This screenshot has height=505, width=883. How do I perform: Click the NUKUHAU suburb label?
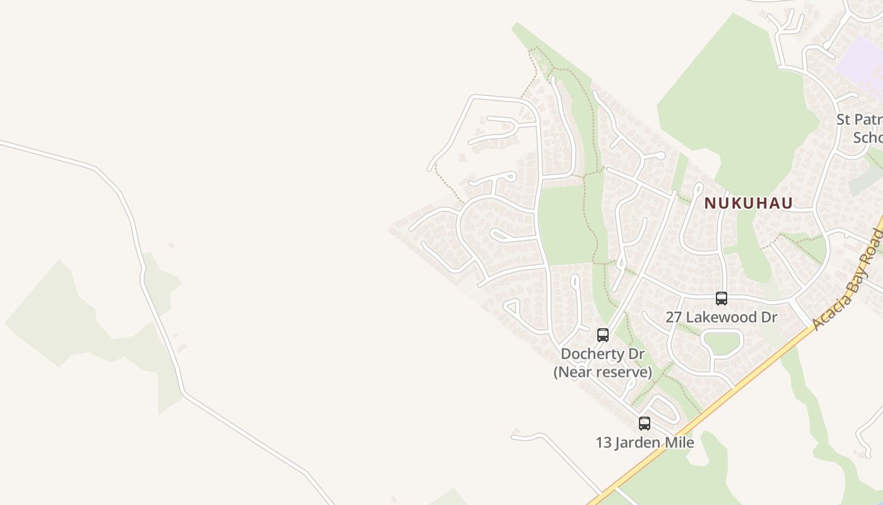[x=748, y=203]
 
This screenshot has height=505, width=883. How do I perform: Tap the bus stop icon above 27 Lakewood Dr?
[x=721, y=299]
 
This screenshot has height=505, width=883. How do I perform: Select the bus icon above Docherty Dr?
[x=603, y=335]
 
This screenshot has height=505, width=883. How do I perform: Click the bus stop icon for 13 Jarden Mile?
[x=644, y=424]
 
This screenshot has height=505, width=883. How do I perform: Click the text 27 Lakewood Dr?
[x=721, y=317]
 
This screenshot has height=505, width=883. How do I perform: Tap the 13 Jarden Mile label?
[x=645, y=443]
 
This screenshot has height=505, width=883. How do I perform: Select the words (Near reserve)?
[x=602, y=372]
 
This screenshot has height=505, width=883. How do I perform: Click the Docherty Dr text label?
[x=602, y=354]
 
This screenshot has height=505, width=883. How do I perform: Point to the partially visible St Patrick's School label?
[x=859, y=128]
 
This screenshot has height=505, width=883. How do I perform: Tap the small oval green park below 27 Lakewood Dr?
[x=722, y=342]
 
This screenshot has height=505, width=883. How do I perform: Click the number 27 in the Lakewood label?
[x=674, y=317]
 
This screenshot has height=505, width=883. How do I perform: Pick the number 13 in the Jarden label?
[x=604, y=443]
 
